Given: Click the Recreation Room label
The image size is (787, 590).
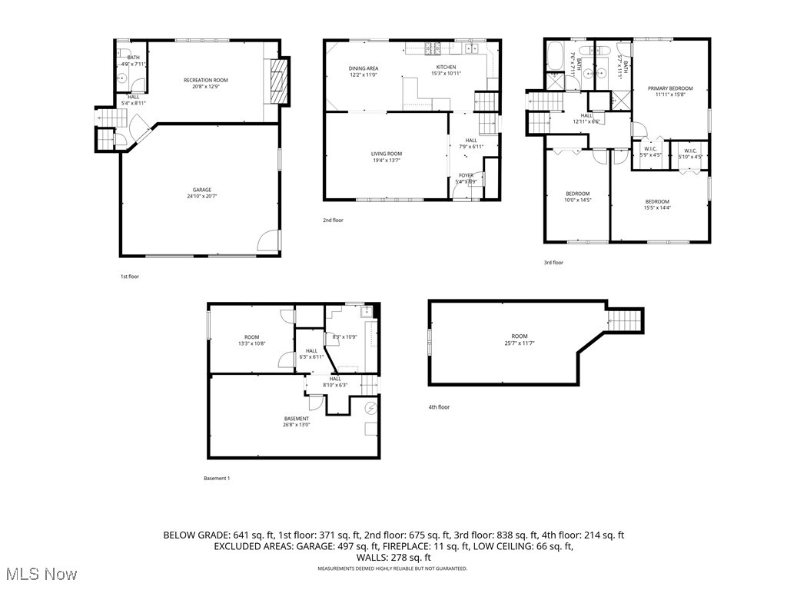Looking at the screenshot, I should (205, 80).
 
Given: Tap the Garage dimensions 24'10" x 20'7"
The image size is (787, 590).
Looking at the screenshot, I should (202, 197).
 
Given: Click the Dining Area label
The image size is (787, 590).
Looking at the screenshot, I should (364, 68).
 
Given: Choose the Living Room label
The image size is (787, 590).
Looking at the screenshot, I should (386, 154).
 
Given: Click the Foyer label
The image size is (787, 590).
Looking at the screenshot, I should (467, 175).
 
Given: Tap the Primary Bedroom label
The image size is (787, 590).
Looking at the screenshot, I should (669, 88).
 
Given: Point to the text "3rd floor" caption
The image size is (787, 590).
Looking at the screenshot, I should (553, 263).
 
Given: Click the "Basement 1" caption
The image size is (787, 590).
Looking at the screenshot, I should (216, 479).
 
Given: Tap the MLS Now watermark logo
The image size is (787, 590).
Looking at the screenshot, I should (39, 574).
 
